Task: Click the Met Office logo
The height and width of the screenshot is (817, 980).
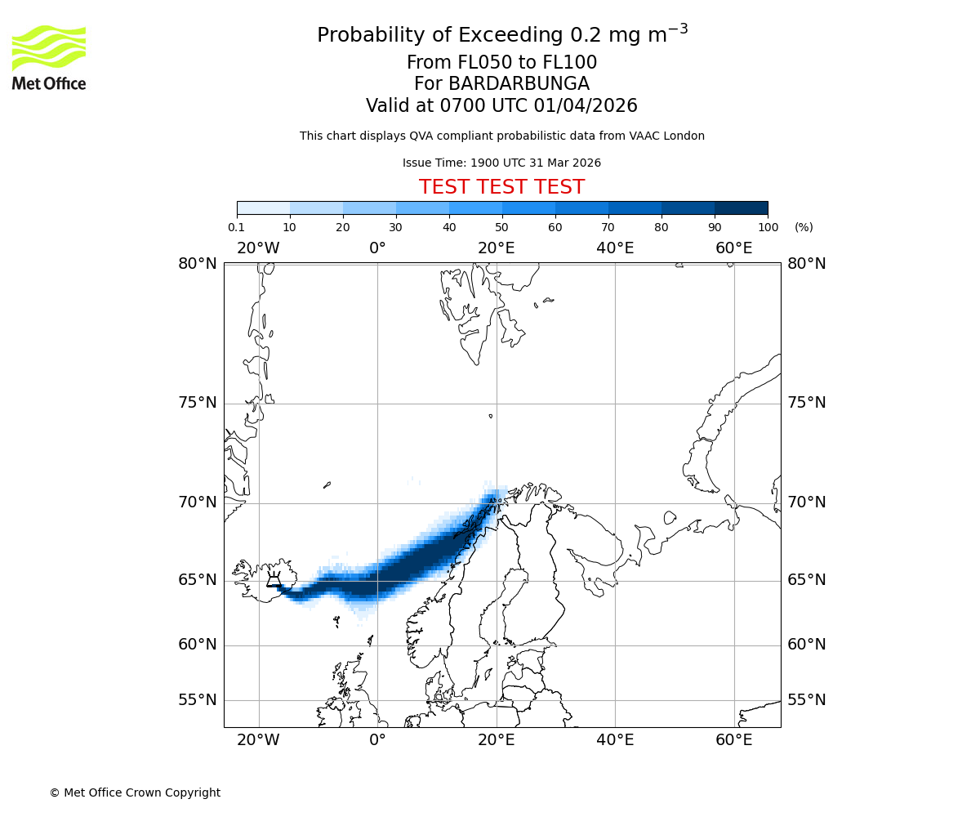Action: click(x=49, y=57)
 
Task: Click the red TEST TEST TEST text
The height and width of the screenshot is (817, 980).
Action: click(x=501, y=187)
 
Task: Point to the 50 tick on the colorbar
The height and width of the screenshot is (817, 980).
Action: click(x=502, y=227)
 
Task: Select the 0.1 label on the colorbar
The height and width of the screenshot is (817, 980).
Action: click(x=236, y=227)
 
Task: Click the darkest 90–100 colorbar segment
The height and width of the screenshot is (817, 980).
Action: click(x=741, y=208)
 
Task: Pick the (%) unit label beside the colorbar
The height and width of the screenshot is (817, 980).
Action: click(x=804, y=227)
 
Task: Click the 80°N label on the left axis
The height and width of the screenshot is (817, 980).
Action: click(x=198, y=263)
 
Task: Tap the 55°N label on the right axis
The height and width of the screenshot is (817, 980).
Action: click(x=806, y=700)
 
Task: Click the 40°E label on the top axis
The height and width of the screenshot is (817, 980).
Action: click(x=615, y=248)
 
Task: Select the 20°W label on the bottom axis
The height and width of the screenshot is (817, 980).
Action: click(x=258, y=741)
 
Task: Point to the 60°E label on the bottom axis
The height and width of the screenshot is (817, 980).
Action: click(x=733, y=741)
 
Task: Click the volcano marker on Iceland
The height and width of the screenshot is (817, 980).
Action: click(x=274, y=581)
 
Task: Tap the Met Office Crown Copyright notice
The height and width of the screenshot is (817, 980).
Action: click(x=135, y=792)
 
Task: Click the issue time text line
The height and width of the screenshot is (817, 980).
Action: click(x=501, y=163)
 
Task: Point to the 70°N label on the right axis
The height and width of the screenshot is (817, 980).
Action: click(x=806, y=502)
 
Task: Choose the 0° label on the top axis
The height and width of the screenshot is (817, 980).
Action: click(x=377, y=248)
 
